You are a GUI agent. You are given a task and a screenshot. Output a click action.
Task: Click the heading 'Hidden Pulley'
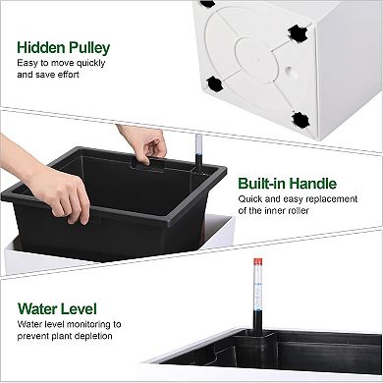(x=63, y=46)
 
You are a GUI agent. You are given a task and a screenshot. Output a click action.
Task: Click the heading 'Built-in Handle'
(x=287, y=183)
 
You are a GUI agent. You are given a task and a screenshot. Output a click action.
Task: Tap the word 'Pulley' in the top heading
(x=87, y=46)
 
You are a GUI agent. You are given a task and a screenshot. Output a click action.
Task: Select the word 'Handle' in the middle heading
(x=312, y=183)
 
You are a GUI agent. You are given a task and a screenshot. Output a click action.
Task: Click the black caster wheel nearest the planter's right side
(x=300, y=119)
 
